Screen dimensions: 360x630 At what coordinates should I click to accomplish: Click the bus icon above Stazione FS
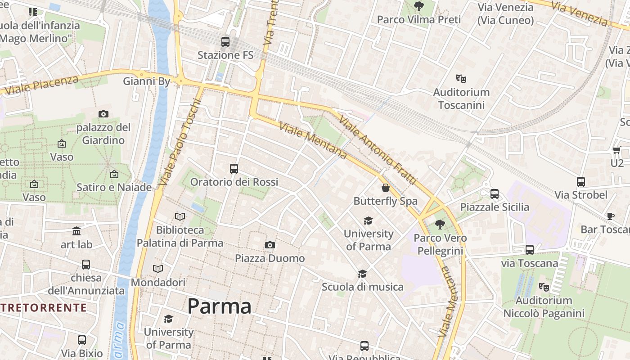click(225, 42)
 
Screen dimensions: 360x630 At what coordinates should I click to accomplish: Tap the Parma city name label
click(219, 306)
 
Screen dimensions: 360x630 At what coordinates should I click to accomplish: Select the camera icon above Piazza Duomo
click(270, 245)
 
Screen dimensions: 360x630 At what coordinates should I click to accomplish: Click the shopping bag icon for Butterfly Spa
click(386, 188)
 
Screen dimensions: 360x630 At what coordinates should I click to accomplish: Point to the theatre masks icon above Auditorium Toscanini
click(461, 79)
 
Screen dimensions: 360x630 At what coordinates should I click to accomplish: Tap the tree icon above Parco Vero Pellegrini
click(440, 225)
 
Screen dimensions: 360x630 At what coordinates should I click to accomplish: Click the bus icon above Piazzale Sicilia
click(495, 194)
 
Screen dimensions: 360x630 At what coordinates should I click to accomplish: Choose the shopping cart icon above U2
click(616, 150)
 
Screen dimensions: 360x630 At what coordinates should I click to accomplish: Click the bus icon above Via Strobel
click(581, 182)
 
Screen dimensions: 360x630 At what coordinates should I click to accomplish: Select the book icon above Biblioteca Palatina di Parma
click(180, 217)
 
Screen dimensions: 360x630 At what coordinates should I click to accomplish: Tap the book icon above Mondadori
click(158, 269)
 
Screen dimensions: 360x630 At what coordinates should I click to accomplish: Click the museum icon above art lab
click(76, 231)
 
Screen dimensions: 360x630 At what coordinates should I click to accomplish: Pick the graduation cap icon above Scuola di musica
click(362, 274)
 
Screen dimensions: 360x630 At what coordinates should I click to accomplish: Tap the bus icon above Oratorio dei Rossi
click(234, 169)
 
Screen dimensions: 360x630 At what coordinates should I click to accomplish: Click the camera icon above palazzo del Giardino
click(103, 114)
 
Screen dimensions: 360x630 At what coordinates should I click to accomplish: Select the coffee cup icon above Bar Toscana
click(611, 216)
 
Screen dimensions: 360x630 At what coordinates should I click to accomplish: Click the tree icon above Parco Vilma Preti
click(419, 6)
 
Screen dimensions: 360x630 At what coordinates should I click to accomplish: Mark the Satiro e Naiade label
click(114, 187)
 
